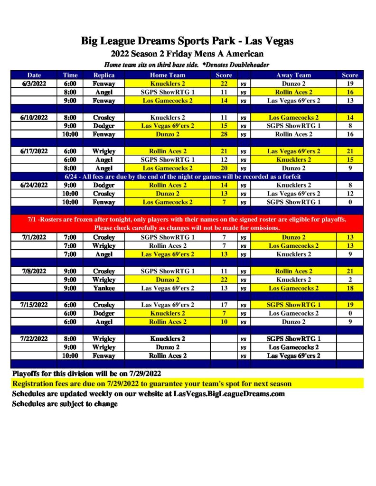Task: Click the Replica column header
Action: [x=104, y=75]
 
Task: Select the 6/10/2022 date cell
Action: [x=34, y=117]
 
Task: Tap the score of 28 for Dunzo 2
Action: [x=224, y=134]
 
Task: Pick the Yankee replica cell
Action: [x=104, y=288]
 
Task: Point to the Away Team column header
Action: [x=293, y=75]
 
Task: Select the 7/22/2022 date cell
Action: [x=34, y=339]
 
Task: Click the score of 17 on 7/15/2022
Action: [x=224, y=305]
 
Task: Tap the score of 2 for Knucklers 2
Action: [x=350, y=280]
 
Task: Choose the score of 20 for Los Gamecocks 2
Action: [x=224, y=168]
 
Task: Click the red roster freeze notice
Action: [x=188, y=224]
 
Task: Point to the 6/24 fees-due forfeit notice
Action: [x=188, y=177]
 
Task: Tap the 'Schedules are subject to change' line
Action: [x=65, y=404]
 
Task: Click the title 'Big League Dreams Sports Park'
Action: [x=157, y=41]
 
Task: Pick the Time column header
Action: [x=70, y=75]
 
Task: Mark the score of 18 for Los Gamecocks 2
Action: [x=350, y=288]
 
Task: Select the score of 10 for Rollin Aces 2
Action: [x=224, y=322]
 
